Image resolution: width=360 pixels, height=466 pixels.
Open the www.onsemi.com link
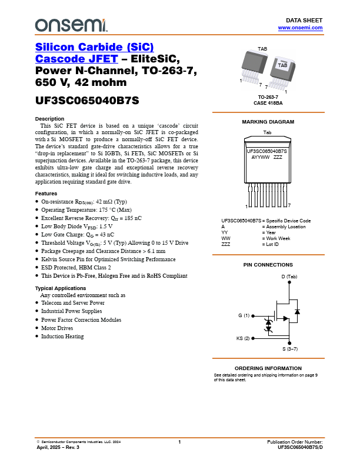300,28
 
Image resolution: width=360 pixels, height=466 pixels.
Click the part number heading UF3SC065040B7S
87,100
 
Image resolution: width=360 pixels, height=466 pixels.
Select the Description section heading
49,119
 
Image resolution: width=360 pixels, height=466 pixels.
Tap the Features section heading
46,194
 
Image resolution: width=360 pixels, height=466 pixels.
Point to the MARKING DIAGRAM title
268,122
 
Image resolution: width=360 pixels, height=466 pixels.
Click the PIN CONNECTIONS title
268,265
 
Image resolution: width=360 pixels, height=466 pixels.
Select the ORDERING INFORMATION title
268,368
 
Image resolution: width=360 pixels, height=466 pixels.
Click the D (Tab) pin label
289,277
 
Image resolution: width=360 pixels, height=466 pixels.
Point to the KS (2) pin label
243,338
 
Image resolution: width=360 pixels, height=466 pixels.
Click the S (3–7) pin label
290,349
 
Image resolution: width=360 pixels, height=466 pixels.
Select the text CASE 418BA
268,102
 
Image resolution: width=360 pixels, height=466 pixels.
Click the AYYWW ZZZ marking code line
266,157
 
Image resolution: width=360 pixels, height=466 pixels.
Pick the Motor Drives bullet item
57,328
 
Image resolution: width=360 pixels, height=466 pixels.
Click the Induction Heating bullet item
62,337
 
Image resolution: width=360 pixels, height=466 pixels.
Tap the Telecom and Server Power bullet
73,303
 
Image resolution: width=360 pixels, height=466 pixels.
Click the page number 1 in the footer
179,442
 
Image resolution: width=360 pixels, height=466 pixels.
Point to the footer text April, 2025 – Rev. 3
58,448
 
